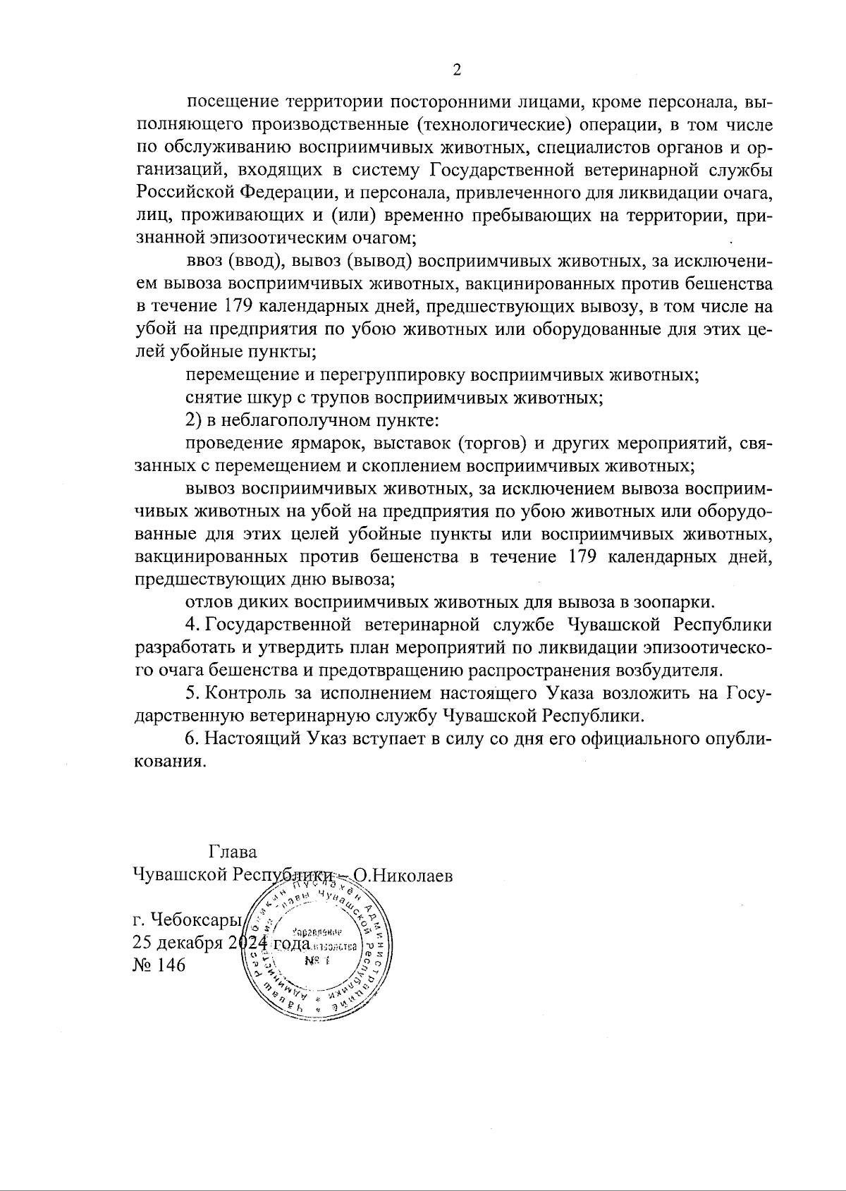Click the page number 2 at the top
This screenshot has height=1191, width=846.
(456, 70)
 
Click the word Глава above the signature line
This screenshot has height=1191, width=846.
(233, 852)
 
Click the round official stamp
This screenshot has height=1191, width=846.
(315, 950)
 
